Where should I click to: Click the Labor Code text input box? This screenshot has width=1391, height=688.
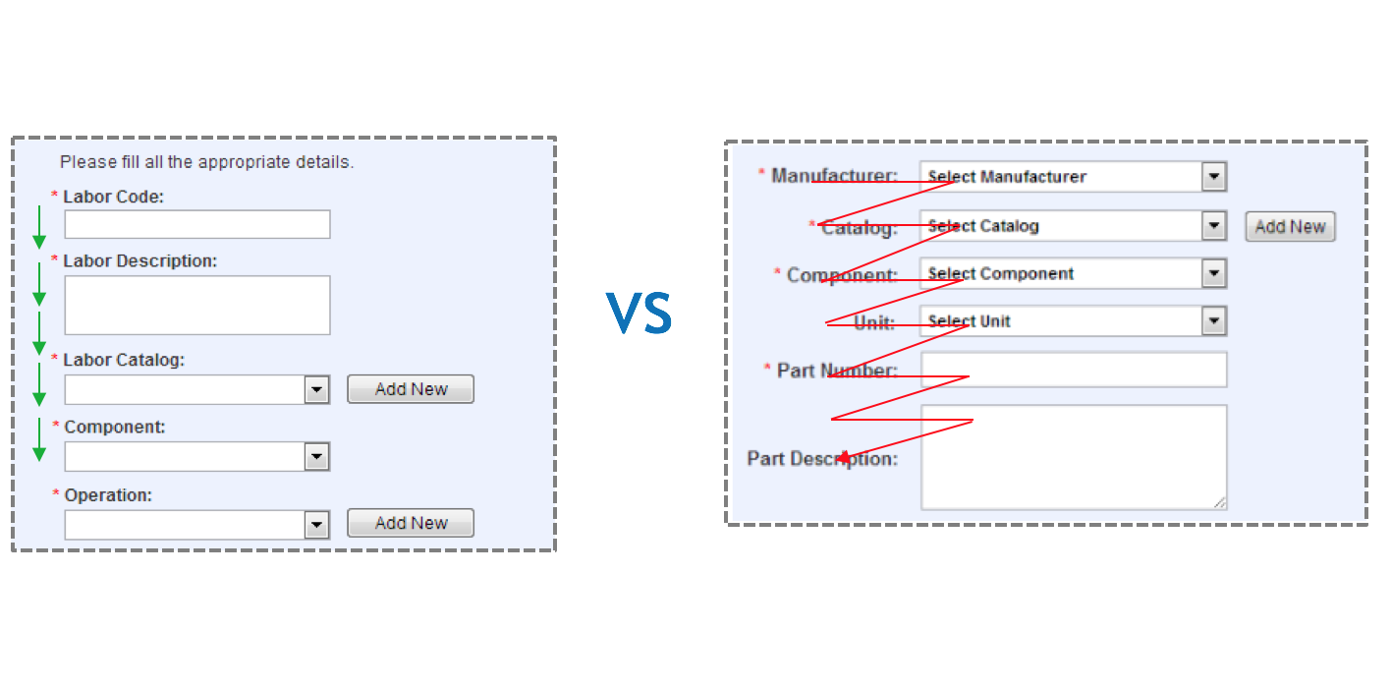tap(197, 224)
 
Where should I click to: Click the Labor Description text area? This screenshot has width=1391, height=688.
tap(197, 305)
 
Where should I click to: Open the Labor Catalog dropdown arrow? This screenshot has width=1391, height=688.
tap(316, 390)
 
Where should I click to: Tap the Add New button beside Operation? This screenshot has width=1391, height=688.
tap(411, 523)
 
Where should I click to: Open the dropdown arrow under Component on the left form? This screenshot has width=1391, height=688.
tap(316, 457)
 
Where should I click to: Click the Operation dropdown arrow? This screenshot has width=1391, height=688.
tap(316, 525)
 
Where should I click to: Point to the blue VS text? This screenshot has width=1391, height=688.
tap(639, 314)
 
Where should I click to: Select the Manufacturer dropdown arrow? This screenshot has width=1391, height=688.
tap(1215, 177)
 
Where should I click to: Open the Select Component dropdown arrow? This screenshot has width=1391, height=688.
tap(1215, 273)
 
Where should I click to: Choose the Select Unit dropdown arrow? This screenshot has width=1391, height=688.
tap(1215, 321)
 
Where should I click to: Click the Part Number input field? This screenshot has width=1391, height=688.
tap(1074, 370)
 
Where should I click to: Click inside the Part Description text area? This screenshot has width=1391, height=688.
tap(1074, 457)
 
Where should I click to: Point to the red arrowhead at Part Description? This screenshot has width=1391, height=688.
tap(843, 457)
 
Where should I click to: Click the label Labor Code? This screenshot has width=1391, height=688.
tap(113, 197)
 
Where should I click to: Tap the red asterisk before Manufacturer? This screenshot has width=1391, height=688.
tap(761, 174)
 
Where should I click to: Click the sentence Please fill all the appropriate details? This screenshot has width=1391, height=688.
tap(206, 162)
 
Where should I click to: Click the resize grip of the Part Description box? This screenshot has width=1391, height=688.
tap(1219, 502)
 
